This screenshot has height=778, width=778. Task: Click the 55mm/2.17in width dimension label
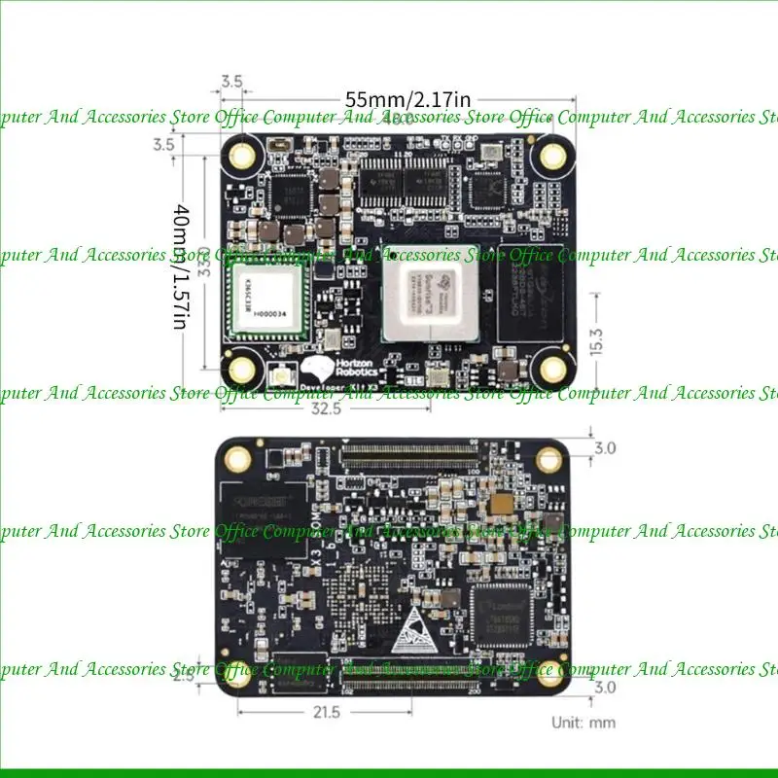pos(409,99)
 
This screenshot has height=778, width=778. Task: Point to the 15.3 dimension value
pos(596,339)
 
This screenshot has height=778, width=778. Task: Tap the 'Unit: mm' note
pos(583,722)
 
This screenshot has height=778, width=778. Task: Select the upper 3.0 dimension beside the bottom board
pos(604,448)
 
